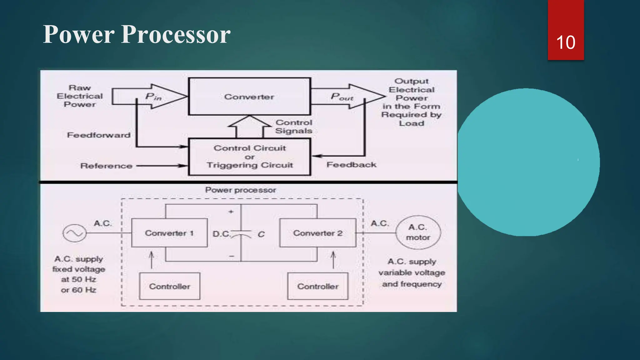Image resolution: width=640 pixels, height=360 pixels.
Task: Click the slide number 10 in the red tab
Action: click(x=566, y=42)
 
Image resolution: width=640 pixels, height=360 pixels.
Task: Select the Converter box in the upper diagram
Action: click(x=249, y=97)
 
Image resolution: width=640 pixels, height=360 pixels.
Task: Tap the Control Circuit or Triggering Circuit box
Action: click(x=250, y=157)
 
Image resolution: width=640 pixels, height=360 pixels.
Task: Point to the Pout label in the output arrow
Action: click(x=342, y=97)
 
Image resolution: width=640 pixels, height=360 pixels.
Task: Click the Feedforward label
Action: click(x=99, y=135)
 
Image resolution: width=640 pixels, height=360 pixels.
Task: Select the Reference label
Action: click(x=106, y=166)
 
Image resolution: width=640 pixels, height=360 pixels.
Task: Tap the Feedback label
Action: click(x=351, y=165)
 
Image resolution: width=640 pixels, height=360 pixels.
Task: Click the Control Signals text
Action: click(x=294, y=127)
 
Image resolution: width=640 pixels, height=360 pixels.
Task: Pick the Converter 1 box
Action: click(x=169, y=233)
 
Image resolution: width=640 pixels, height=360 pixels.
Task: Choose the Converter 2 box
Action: click(x=317, y=233)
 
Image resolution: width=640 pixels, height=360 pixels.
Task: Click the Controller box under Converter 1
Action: click(x=169, y=286)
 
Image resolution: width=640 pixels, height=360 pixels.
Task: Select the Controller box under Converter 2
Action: click(x=317, y=286)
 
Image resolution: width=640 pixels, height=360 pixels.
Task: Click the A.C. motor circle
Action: click(x=418, y=232)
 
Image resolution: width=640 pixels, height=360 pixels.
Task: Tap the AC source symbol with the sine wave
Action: click(x=74, y=233)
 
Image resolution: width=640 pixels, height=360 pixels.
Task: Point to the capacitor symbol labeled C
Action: click(x=241, y=234)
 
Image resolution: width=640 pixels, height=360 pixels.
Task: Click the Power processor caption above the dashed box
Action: click(x=240, y=190)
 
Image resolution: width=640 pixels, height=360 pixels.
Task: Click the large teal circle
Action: click(x=528, y=162)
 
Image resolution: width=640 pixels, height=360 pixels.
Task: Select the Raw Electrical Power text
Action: click(x=80, y=96)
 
